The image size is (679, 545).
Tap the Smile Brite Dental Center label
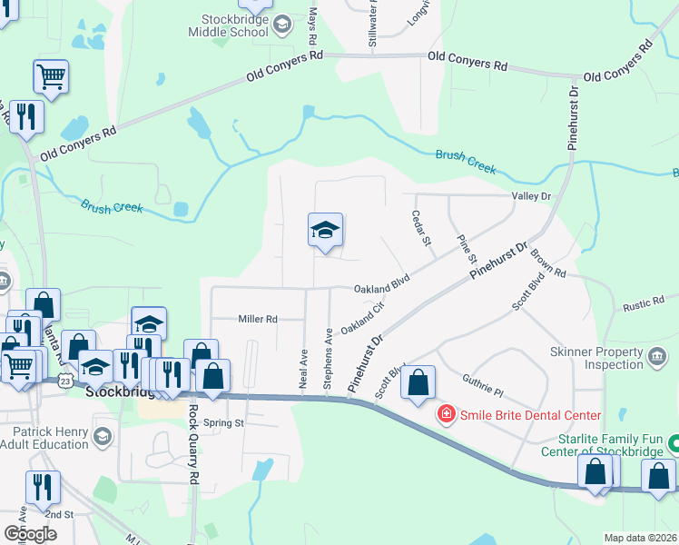(530, 416)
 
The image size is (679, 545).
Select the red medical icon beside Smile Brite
(446, 415)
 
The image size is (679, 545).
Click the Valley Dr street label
(532, 196)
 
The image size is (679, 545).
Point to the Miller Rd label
(257, 319)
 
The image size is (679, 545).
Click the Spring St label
(224, 423)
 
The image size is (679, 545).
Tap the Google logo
(30, 533)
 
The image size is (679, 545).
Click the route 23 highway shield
(65, 379)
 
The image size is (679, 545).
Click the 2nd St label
(60, 514)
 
